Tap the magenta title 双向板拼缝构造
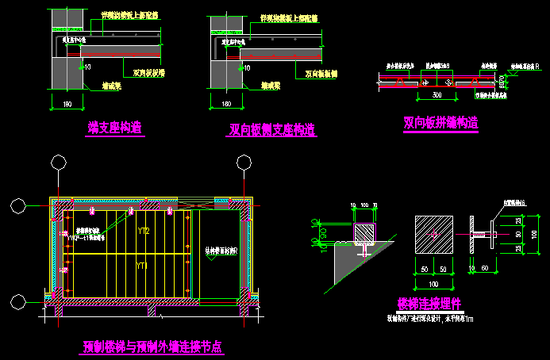coord(440,123)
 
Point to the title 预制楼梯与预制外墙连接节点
coord(152,347)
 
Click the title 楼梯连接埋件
coord(429,304)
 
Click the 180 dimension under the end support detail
coord(67,104)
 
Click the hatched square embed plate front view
coord(433,236)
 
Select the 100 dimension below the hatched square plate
coord(433,283)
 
